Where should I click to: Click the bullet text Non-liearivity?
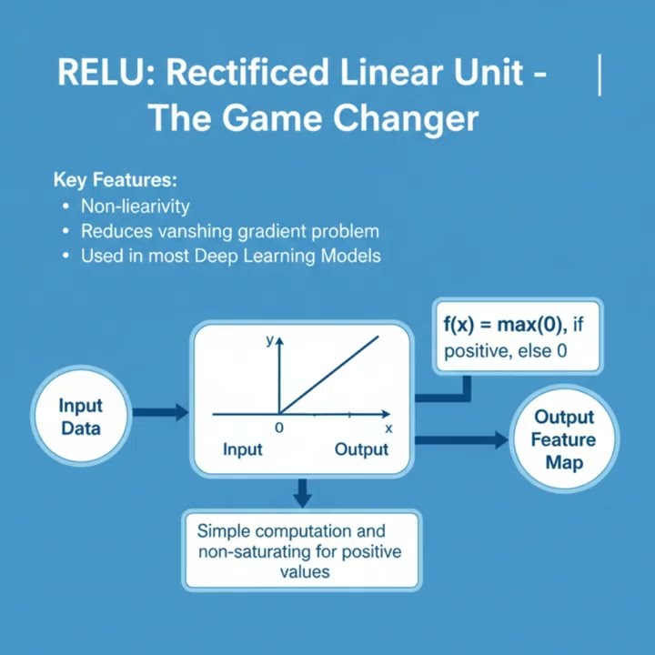(x=136, y=206)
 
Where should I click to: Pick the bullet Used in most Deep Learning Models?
(x=230, y=257)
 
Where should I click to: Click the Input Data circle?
(x=81, y=417)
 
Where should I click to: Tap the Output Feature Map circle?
(x=564, y=440)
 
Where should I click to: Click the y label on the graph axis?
(x=269, y=340)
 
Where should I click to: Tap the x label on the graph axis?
(x=388, y=428)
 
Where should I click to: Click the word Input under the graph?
(x=243, y=449)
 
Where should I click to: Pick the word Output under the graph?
(x=361, y=449)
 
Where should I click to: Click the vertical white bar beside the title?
(x=600, y=75)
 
